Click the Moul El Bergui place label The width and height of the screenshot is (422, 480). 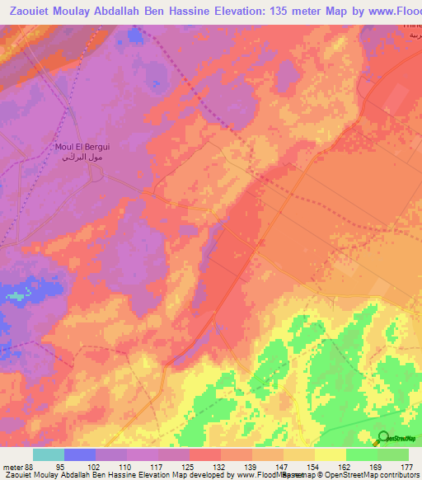point(82,147)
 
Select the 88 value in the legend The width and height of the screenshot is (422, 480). point(30,467)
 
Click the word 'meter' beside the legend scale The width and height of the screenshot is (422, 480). point(12,467)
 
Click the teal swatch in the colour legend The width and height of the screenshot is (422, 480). point(48,454)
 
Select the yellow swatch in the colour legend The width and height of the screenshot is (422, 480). point(330,454)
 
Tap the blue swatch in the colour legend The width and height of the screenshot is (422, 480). point(80,454)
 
